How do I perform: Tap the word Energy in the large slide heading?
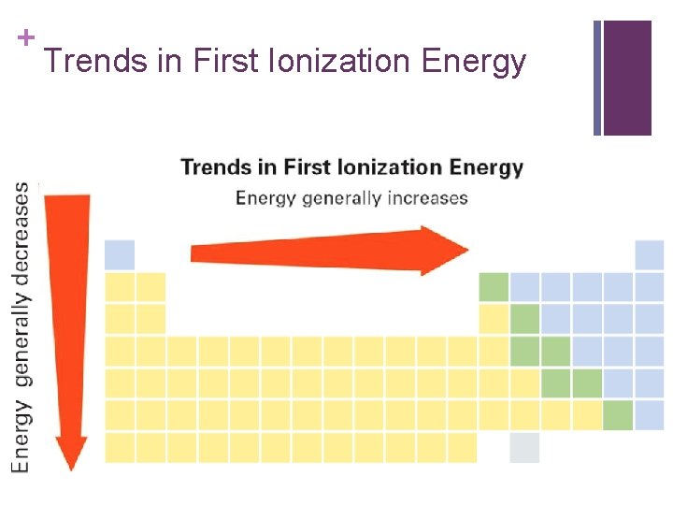click(474, 62)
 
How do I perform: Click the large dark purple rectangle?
click(627, 78)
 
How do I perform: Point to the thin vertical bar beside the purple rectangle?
click(597, 78)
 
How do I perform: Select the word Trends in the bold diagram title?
click(217, 168)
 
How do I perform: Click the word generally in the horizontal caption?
click(339, 198)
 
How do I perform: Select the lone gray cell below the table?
click(524, 447)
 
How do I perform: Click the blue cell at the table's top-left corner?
click(120, 254)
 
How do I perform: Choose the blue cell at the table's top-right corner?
click(649, 254)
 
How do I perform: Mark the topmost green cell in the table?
click(494, 286)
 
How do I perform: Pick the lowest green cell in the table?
click(618, 415)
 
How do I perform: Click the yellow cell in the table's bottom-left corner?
click(120, 447)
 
